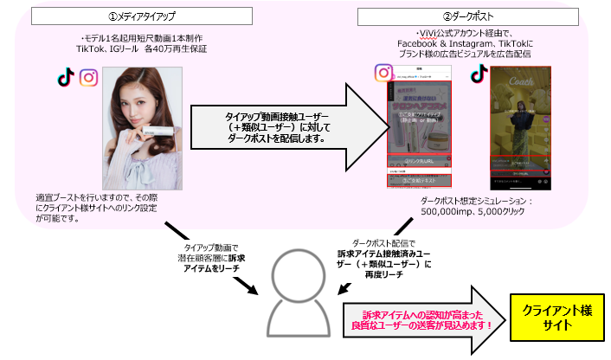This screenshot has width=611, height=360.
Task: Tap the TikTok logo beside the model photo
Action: click(65, 78)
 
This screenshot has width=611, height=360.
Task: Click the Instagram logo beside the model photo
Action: click(88, 78)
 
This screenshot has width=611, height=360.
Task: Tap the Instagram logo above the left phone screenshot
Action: click(384, 74)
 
